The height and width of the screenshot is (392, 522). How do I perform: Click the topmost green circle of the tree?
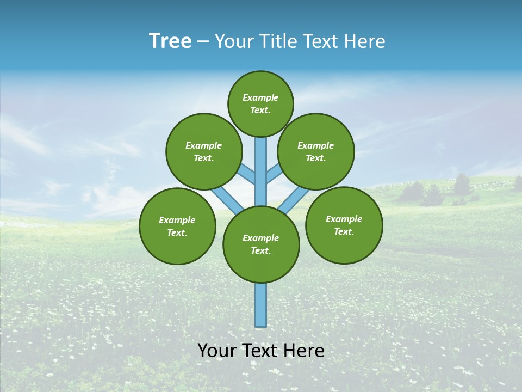click(x=260, y=103)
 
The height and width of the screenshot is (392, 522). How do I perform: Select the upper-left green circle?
click(x=203, y=151)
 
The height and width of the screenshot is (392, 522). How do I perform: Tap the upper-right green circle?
click(x=315, y=151)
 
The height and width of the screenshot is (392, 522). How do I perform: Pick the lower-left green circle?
click(x=177, y=226)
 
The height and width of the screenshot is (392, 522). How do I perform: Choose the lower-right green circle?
click(x=344, y=225)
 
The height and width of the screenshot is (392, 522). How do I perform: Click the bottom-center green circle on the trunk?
click(x=261, y=244)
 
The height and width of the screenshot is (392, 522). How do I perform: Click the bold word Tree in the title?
click(x=170, y=41)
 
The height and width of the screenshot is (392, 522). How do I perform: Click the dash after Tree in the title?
click(x=203, y=42)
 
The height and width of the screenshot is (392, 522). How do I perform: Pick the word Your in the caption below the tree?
click(x=217, y=351)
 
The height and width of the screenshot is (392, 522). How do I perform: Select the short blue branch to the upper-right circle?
click(x=274, y=174)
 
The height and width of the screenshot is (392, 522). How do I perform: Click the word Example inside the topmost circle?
click(x=260, y=97)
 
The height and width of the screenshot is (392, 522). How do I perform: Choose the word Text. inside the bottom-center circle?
click(x=261, y=251)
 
